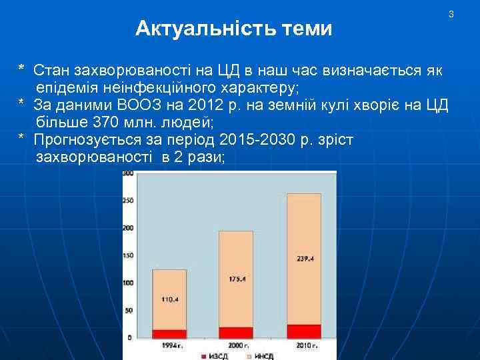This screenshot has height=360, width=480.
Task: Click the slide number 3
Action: tap(451, 14)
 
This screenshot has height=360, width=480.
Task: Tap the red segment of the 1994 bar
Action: tap(169, 334)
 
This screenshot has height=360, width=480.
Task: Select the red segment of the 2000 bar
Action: tap(235, 333)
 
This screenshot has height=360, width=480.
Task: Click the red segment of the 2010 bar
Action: tap(303, 331)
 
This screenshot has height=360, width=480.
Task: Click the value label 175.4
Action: tap(236, 279)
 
